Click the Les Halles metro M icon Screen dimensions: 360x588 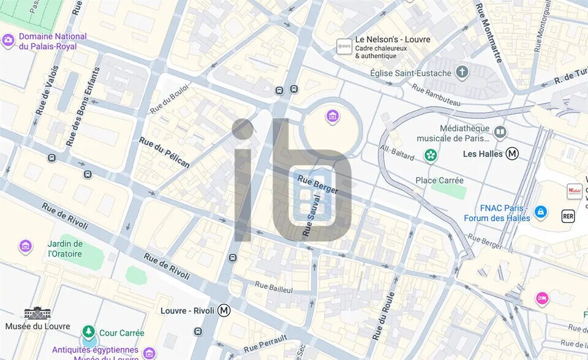512,154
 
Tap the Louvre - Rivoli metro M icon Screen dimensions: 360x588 225,310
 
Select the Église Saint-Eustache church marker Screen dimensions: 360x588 462,73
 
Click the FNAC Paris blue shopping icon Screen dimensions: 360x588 540,212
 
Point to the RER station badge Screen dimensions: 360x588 568,216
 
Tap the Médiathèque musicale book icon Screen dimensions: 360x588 500,133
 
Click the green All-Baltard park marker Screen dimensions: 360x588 431,155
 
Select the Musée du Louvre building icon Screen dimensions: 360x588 37,313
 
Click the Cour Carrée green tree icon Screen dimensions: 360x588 89,332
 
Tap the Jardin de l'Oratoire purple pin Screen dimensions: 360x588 26,247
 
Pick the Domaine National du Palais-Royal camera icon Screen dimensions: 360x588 8,41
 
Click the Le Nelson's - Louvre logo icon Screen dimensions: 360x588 345,46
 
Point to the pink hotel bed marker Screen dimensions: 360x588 542,299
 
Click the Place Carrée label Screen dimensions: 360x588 439,181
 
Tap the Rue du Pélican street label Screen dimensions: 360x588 164,152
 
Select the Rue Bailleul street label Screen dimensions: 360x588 274,287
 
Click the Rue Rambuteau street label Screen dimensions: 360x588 436,96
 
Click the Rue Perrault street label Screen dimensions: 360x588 265,345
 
